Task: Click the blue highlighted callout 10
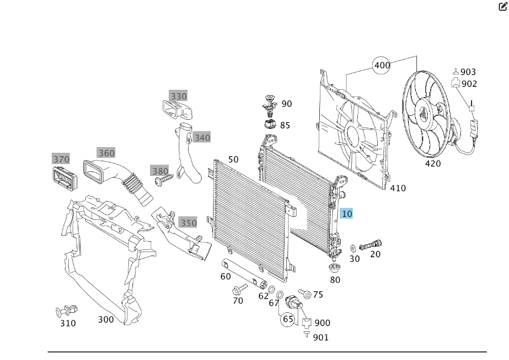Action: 347,214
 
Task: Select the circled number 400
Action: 382,65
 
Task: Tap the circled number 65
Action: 288,319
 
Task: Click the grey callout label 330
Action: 178,96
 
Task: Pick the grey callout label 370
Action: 61,159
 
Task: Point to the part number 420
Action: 433,164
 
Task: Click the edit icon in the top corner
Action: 502,7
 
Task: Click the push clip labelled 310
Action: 64,311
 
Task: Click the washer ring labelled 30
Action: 353,248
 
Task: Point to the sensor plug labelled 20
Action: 369,245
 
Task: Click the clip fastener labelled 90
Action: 269,104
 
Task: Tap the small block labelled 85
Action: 270,124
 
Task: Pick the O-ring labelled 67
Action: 279,294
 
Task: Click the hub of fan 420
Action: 423,114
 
